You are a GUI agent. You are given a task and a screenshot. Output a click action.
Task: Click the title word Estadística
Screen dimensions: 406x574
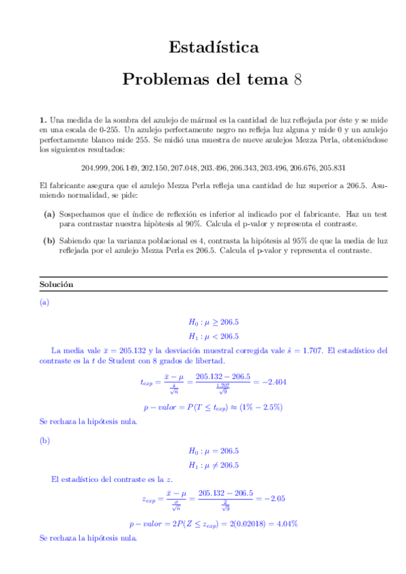[x=213, y=47]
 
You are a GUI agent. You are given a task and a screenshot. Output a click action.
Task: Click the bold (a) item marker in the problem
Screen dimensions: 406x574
[x=49, y=214]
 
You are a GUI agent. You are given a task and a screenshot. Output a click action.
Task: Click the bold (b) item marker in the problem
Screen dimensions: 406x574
[x=49, y=240]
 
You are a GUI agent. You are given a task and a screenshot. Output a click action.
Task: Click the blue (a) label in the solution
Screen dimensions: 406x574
[x=45, y=303]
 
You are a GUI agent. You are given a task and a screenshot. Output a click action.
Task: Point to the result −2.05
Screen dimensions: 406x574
[x=272, y=499]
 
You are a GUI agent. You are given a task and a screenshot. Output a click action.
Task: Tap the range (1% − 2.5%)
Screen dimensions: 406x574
[x=259, y=407]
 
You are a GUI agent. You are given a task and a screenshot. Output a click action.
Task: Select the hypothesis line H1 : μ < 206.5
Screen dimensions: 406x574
[x=213, y=336]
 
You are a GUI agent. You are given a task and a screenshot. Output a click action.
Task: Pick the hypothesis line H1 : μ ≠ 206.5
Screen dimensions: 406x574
[x=213, y=465]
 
